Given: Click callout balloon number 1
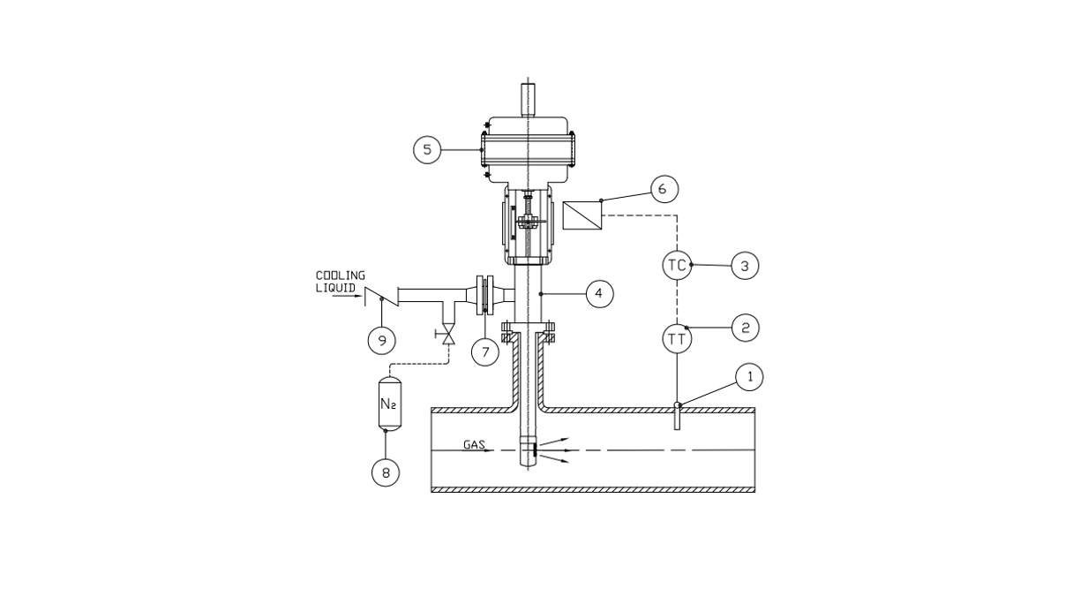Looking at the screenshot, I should tap(750, 377).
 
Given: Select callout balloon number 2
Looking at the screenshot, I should tap(746, 328).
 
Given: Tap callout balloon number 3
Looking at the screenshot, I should tap(746, 265).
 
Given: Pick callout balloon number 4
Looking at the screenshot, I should tap(599, 292).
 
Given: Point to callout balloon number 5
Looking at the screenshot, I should tap(427, 150).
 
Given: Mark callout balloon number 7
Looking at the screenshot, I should tap(484, 351).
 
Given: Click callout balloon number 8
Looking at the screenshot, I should tap(386, 472).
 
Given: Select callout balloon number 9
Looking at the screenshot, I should tap(381, 338).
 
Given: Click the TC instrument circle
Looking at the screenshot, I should tap(677, 265).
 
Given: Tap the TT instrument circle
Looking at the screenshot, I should tap(677, 338).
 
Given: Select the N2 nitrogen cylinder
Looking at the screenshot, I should tap(387, 404).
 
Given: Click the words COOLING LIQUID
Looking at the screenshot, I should tap(341, 282).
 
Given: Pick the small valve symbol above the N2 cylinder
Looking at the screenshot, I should tap(448, 337).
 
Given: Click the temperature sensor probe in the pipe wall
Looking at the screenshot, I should tap(678, 415).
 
